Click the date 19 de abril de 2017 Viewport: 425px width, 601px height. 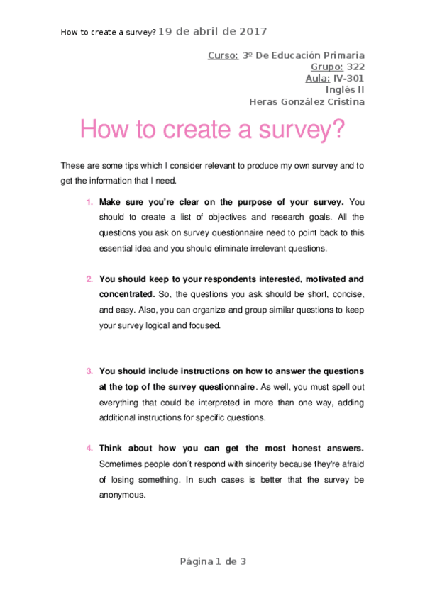coord(212,31)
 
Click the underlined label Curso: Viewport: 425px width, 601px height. coord(223,55)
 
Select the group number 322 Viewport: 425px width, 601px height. coord(355,67)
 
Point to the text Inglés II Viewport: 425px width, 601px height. coord(345,89)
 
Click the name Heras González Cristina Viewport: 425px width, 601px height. coord(307,101)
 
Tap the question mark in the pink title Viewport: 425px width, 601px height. coord(338,130)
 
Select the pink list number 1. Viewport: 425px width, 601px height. coord(89,202)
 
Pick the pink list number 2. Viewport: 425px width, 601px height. coord(89,279)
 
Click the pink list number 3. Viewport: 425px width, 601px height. coord(89,371)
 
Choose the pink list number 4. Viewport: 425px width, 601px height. coord(89,448)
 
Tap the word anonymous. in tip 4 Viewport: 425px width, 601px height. coord(123,495)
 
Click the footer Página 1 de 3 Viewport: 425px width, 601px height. coord(212,561)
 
